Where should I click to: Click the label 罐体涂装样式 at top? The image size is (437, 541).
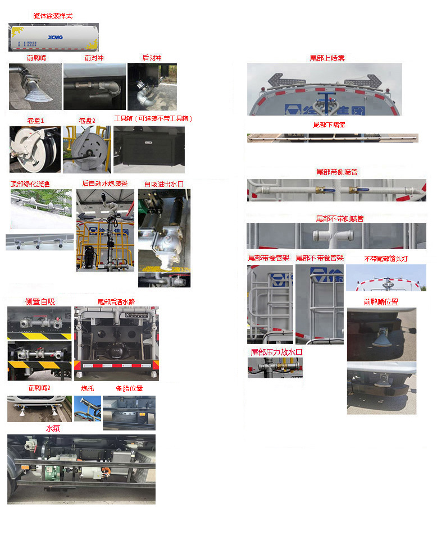[x=53, y=16]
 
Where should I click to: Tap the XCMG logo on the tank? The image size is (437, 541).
[x=55, y=37]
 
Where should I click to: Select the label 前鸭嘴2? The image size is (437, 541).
[x=39, y=388]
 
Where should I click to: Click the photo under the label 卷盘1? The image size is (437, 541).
[x=35, y=149]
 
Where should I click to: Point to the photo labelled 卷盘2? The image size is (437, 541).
[x=87, y=149]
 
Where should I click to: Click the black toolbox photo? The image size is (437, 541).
[x=149, y=149]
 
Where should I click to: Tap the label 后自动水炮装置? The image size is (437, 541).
[x=104, y=184]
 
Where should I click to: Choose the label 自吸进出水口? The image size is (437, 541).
[x=163, y=184]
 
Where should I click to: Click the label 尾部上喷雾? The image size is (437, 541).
[x=327, y=58]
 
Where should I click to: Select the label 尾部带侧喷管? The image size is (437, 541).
[x=336, y=172]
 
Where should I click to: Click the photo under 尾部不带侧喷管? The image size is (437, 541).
[x=336, y=236]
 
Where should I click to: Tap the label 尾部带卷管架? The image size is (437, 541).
[x=269, y=258]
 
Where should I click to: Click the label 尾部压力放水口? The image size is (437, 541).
[x=276, y=352]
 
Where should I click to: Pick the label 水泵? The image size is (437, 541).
[x=53, y=428]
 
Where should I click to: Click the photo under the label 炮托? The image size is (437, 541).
[x=88, y=409]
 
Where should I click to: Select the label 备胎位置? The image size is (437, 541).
[x=129, y=388]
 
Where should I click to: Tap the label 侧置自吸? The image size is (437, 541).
[x=40, y=301]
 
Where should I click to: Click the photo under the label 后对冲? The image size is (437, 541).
[x=152, y=86]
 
